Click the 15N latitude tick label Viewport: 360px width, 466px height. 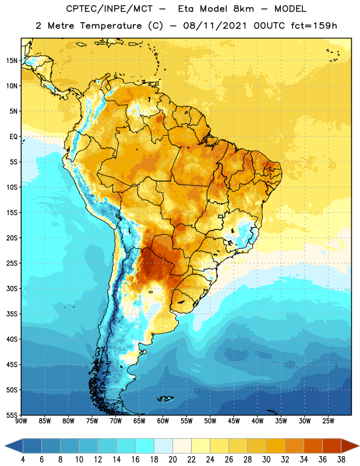(x=11, y=61)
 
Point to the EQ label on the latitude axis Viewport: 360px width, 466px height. (x=13, y=137)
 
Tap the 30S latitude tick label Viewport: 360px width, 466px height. (x=12, y=289)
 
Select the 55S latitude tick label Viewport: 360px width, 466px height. (x=12, y=415)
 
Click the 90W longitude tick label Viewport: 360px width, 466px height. (x=22, y=421)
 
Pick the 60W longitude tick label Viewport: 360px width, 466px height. (x=163, y=421)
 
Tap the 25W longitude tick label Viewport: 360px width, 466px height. (x=328, y=421)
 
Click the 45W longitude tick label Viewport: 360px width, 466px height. (x=234, y=421)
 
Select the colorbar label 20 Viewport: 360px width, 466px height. (x=172, y=460)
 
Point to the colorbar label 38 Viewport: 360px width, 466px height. (x=341, y=460)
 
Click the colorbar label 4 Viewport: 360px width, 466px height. (x=23, y=460)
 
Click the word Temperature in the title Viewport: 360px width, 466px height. (x=111, y=26)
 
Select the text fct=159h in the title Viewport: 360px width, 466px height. (x=314, y=26)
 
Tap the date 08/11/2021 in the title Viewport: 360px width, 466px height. (x=215, y=26)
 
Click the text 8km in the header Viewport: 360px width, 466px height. (x=243, y=9)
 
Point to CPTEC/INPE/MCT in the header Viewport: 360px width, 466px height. (x=109, y=9)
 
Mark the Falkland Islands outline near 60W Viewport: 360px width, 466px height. (x=165, y=398)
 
